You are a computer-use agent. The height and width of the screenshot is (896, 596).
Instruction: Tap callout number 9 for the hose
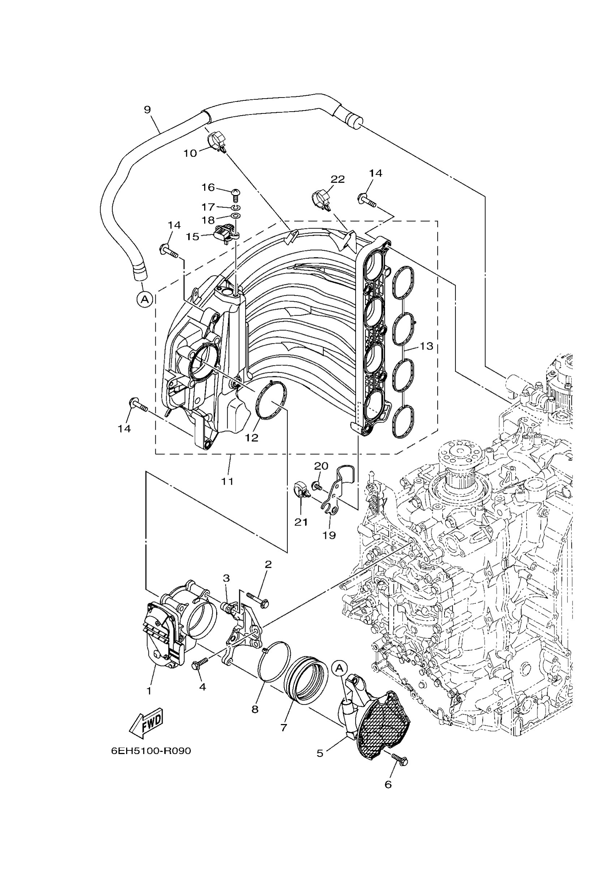[147, 110]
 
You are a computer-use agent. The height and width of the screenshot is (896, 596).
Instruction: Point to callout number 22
[337, 179]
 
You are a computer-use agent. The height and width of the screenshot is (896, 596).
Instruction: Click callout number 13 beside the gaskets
[426, 346]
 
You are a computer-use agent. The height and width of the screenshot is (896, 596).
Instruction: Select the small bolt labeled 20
[316, 485]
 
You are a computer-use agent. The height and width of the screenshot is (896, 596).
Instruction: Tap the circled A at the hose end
[145, 299]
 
